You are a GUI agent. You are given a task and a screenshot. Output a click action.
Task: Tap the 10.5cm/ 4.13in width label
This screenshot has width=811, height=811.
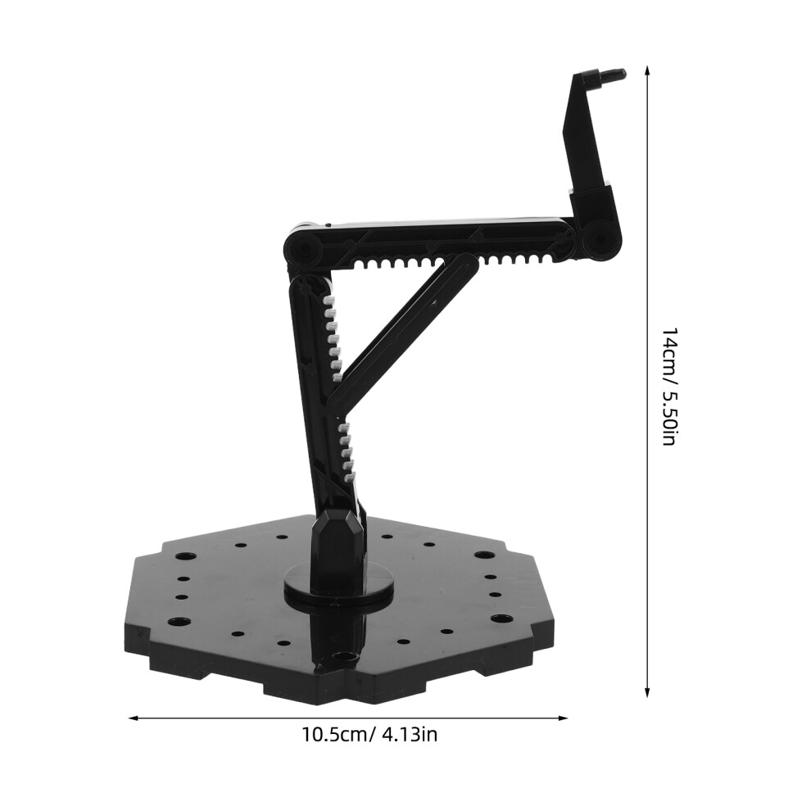[369, 734]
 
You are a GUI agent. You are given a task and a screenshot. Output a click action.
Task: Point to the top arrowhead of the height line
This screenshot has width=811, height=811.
[646, 70]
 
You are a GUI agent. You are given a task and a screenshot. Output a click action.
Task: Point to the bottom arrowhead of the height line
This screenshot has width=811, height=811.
[646, 692]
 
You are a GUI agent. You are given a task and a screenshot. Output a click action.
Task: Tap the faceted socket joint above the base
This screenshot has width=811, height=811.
[338, 538]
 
